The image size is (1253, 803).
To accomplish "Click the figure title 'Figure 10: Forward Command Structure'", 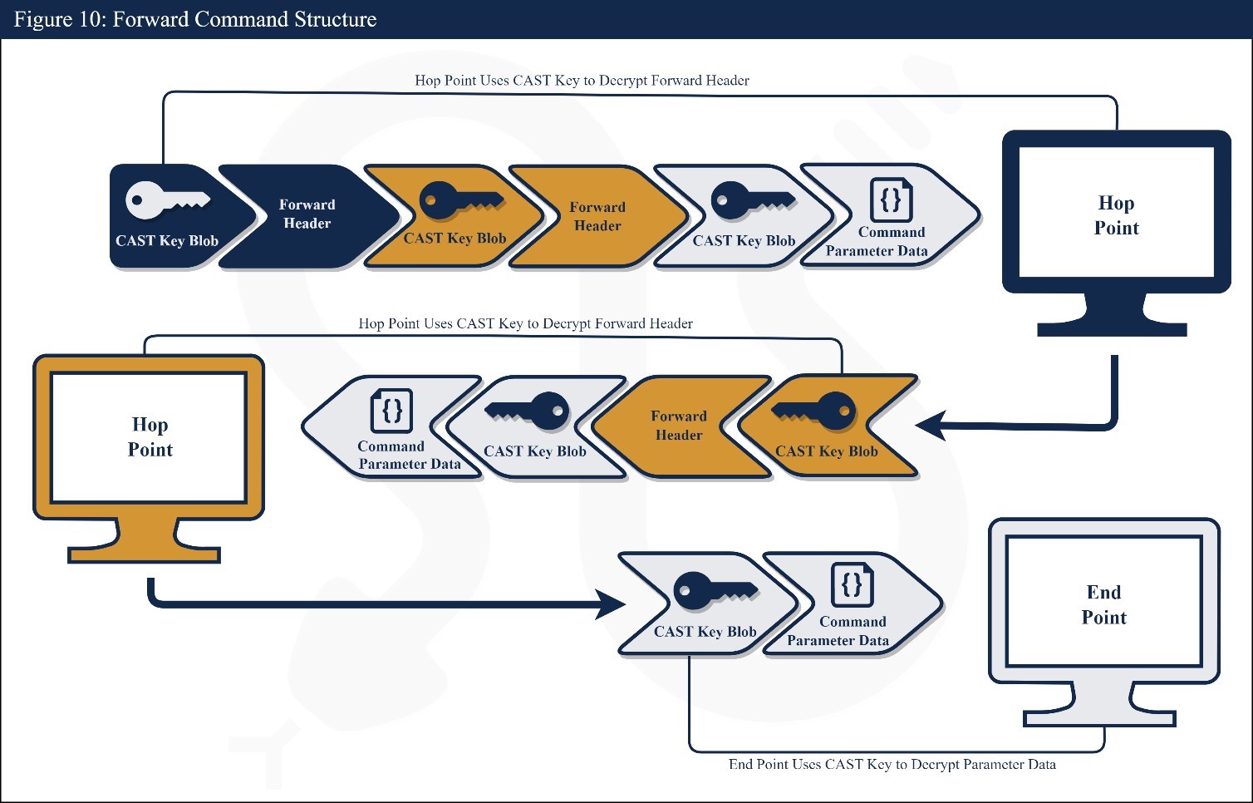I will (195, 19).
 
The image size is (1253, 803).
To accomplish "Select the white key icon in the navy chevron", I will (166, 200).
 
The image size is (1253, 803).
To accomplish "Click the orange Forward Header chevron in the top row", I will (597, 216).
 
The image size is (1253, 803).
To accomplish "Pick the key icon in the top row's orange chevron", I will (460, 200).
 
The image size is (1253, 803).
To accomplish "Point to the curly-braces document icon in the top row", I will (891, 200).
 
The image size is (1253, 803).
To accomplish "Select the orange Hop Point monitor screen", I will (150, 437).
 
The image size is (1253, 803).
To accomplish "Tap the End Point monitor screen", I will (1103, 603).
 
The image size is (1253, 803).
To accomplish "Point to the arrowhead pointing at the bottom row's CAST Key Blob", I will (612, 603).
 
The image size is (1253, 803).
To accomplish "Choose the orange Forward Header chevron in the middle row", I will (679, 426).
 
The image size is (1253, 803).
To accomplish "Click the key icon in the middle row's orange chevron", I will (814, 411).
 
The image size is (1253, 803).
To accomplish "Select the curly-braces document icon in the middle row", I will (391, 411).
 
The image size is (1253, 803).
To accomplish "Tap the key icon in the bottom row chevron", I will (715, 590).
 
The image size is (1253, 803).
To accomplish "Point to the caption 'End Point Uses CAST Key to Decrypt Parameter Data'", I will (892, 765).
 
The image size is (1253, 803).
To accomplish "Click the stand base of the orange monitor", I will (145, 554).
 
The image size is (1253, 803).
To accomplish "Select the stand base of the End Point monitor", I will (1099, 718).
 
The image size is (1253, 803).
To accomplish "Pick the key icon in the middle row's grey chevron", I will (528, 411).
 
